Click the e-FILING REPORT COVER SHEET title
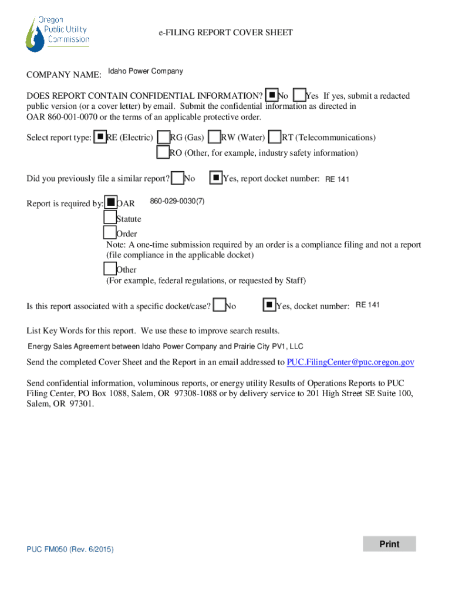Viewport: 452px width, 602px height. point(225,33)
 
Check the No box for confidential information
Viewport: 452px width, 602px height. point(272,95)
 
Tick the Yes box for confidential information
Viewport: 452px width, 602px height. point(299,95)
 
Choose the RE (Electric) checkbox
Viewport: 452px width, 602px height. point(100,137)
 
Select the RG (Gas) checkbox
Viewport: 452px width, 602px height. point(163,137)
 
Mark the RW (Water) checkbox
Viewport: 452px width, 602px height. point(214,137)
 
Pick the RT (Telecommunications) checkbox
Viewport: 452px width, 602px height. point(275,137)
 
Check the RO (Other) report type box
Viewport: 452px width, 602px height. point(163,152)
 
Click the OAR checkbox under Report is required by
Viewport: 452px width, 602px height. point(110,203)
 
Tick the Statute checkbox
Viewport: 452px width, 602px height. point(110,218)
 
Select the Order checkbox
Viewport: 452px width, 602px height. point(110,233)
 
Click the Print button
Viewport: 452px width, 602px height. point(389,544)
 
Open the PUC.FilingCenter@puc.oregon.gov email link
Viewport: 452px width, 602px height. point(350,362)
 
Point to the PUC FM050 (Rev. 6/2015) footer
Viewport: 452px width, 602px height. point(70,550)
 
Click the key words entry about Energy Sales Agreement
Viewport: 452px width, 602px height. point(166,347)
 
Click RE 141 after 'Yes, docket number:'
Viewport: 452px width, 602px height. point(367,305)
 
